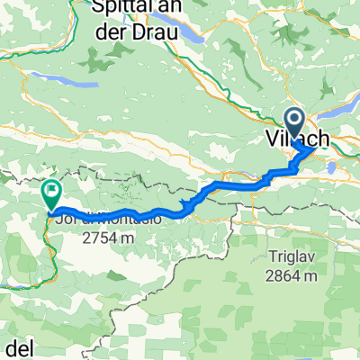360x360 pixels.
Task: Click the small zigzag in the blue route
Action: (187, 206)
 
